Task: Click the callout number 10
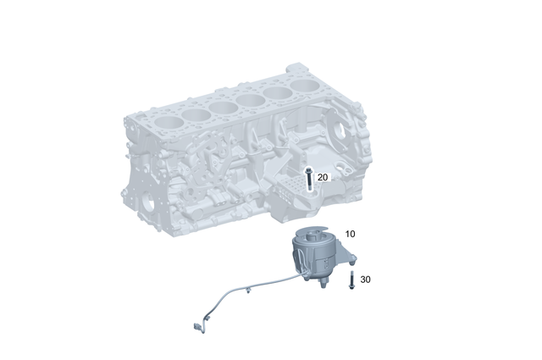(350, 233)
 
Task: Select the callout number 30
(365, 279)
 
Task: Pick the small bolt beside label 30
(351, 283)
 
